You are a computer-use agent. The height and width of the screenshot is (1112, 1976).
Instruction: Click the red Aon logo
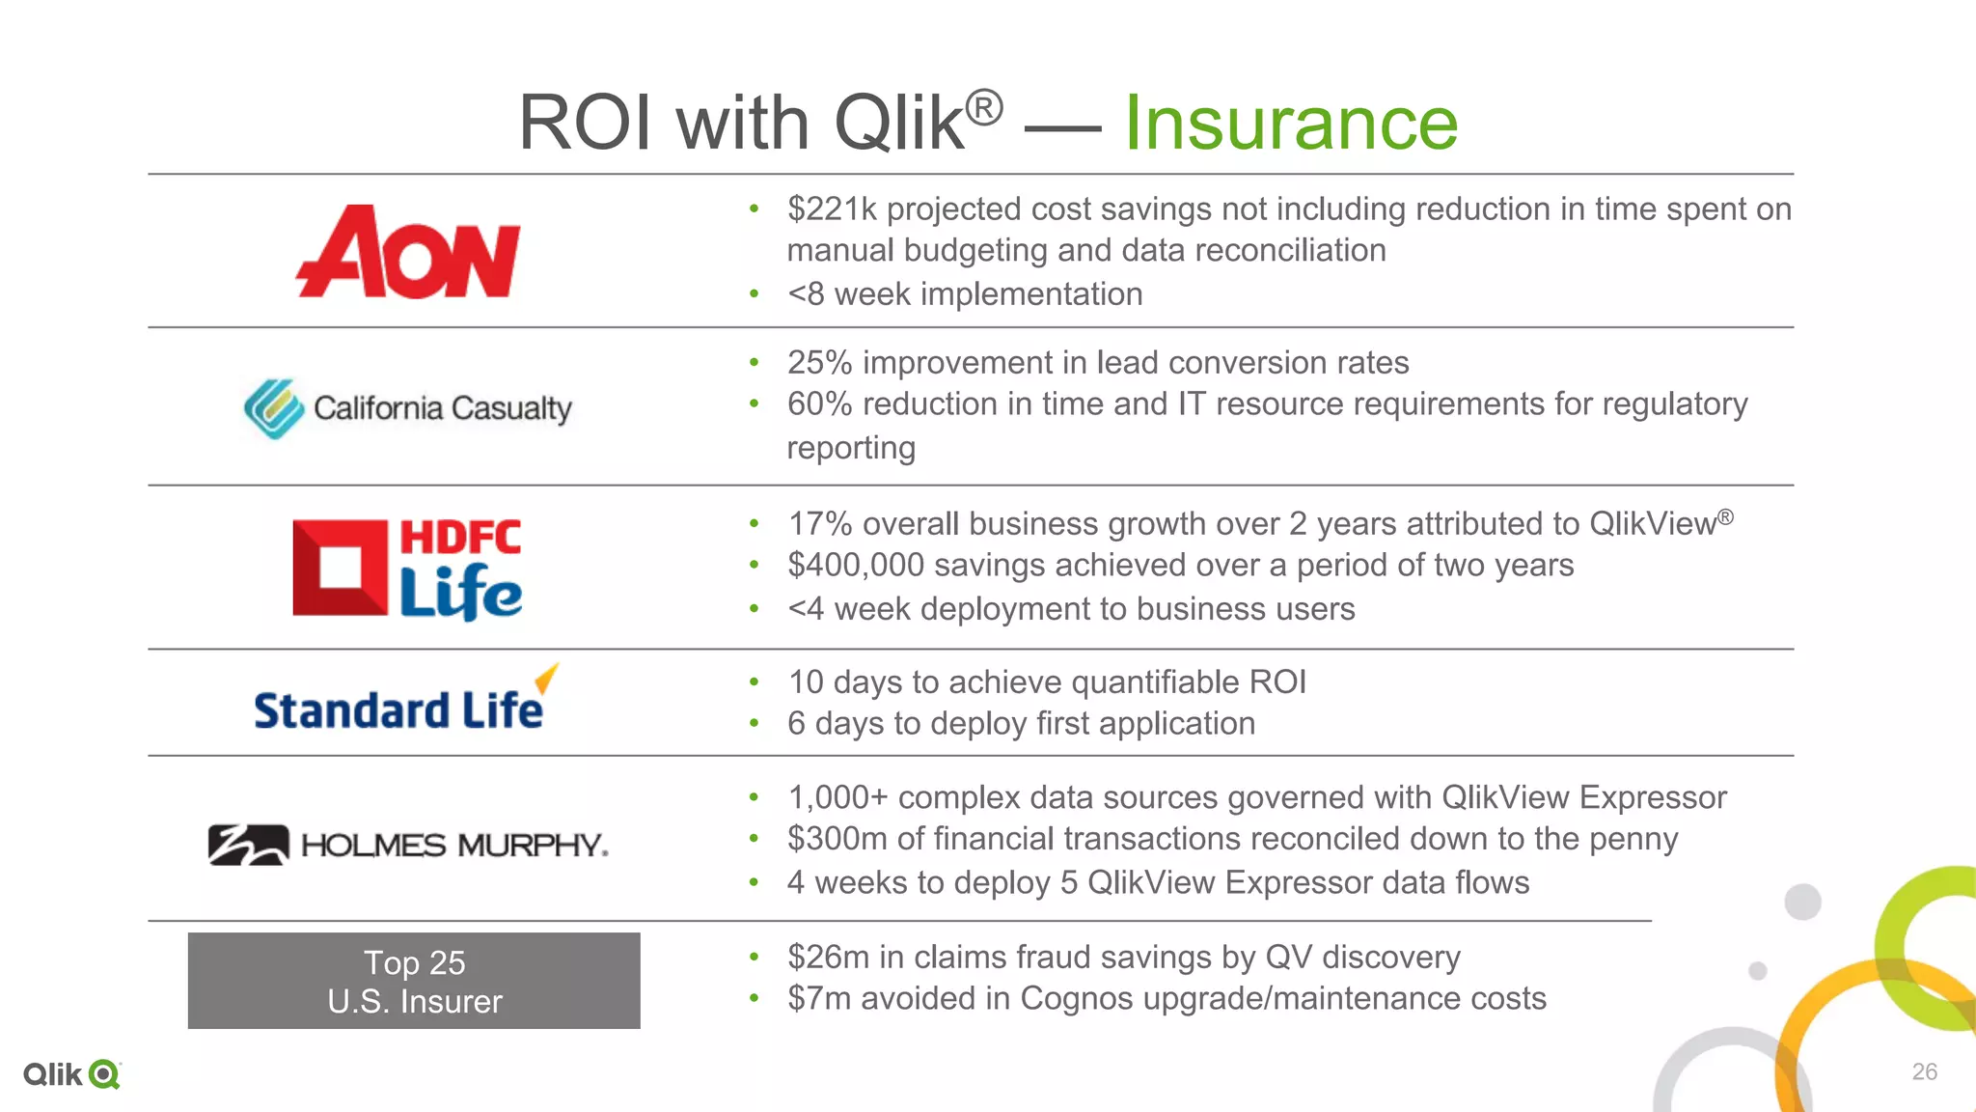(408, 253)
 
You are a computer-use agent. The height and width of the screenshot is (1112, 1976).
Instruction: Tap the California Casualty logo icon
(273, 408)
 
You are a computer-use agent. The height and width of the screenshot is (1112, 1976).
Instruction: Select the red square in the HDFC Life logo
(340, 568)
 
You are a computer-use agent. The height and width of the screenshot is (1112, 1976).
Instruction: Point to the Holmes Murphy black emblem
(248, 845)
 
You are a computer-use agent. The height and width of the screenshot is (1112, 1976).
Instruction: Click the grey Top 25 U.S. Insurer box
(414, 981)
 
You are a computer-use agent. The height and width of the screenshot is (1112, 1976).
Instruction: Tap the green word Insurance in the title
(1291, 123)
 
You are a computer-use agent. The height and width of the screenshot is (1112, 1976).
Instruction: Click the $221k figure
(832, 209)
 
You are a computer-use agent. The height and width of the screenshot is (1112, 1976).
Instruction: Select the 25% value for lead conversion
(819, 363)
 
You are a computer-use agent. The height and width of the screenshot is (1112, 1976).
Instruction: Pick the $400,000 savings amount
(856, 566)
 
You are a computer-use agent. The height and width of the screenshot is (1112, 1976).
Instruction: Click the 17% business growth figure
(819, 524)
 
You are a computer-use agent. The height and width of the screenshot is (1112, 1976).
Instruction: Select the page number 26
(1924, 1071)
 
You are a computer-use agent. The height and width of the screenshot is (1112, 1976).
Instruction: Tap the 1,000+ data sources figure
(837, 798)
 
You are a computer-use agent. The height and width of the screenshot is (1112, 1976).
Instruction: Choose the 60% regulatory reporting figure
(819, 404)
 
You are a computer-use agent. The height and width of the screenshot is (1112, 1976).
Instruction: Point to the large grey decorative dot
(1802, 903)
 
